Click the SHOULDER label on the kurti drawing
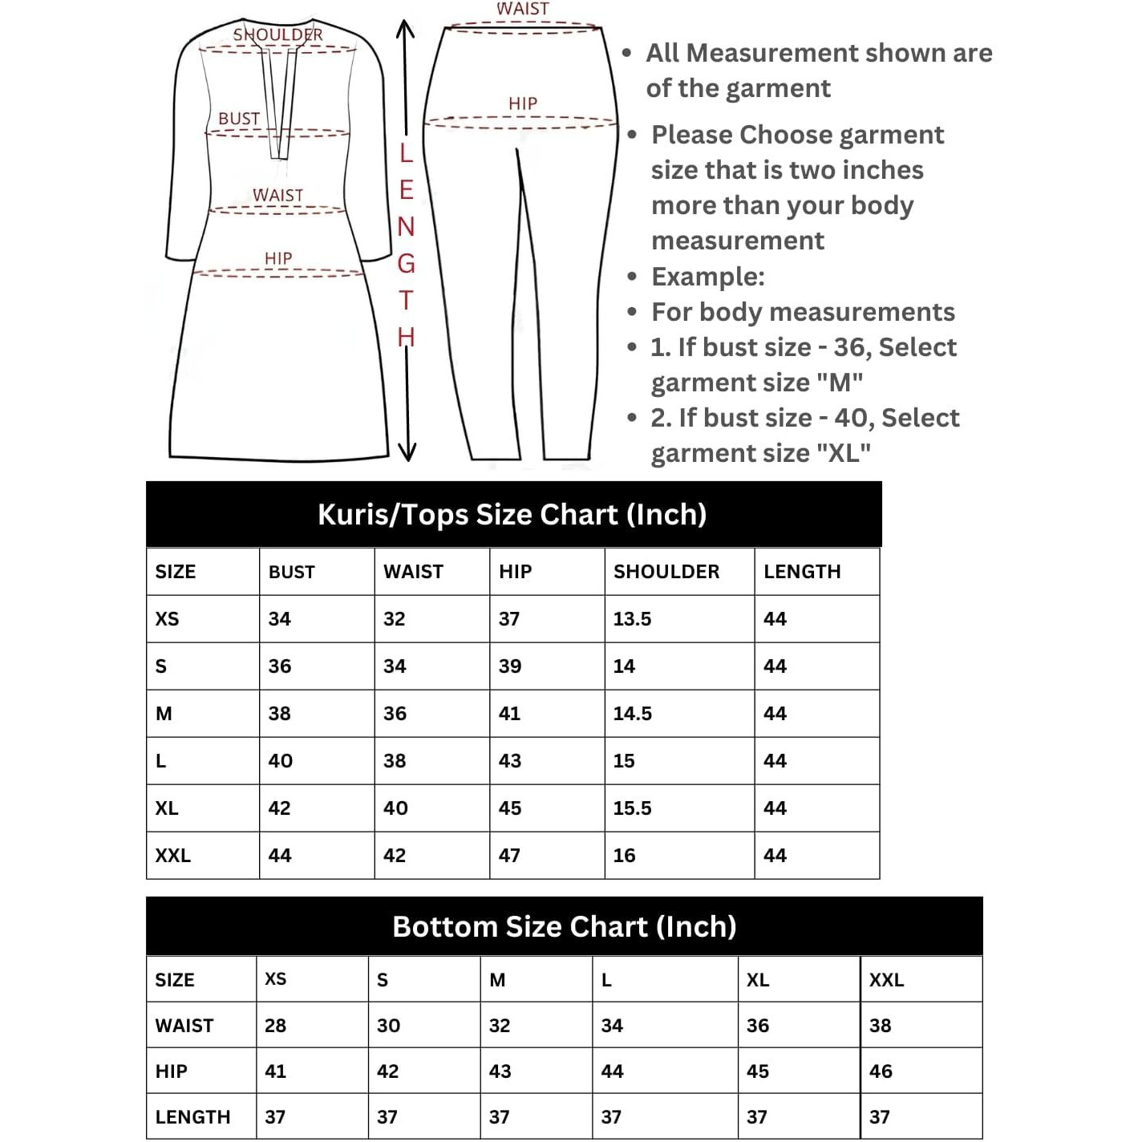point(277,34)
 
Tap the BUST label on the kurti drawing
point(239,119)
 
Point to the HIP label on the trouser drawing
point(523,103)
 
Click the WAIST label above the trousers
point(523,9)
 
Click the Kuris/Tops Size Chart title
point(512,514)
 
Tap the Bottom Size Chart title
point(564,926)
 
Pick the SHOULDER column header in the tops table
point(666,572)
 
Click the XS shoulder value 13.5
point(632,619)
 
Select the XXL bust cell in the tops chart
point(280,856)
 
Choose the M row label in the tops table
point(164,714)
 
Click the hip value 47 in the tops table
point(509,856)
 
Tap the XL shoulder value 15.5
point(632,808)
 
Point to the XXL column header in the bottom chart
point(886,980)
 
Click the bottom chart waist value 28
point(275,1026)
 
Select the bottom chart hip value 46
point(881,1071)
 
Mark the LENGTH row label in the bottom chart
point(192,1117)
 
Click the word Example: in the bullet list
point(707,277)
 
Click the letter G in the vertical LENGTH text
point(407,263)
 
